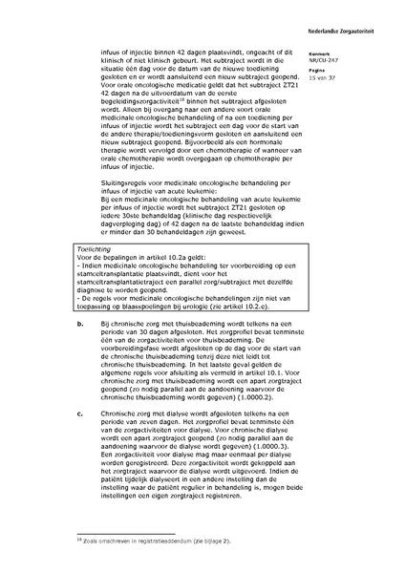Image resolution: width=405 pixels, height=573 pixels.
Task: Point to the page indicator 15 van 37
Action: click(x=338, y=74)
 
